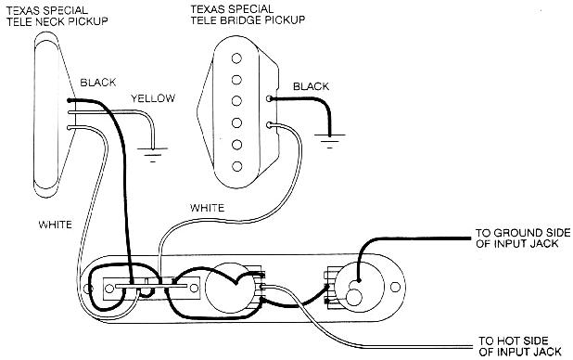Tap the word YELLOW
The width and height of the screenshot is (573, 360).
tap(153, 98)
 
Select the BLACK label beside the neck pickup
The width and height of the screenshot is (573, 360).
tap(98, 83)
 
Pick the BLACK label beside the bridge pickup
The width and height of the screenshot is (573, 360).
tap(311, 86)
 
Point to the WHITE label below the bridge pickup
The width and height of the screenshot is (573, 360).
tap(207, 208)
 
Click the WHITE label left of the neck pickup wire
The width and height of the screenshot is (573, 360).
tap(56, 225)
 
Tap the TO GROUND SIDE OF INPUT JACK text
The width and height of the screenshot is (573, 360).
tap(523, 238)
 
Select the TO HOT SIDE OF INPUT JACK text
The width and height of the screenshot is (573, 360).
tap(520, 346)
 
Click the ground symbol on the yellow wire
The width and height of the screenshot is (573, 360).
tap(153, 154)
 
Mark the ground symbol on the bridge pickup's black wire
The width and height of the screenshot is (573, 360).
tap(330, 141)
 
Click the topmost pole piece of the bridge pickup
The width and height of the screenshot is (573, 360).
tap(236, 58)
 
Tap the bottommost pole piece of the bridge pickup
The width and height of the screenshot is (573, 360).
tap(236, 166)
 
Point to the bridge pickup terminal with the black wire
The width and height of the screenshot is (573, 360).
tap(269, 98)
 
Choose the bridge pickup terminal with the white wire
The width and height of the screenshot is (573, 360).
tap(269, 125)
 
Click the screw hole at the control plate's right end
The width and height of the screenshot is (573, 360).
tap(395, 288)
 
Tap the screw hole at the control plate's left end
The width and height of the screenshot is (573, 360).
tap(87, 289)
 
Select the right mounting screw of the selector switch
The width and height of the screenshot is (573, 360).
tap(194, 289)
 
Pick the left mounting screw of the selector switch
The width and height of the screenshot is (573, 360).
tap(108, 289)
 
